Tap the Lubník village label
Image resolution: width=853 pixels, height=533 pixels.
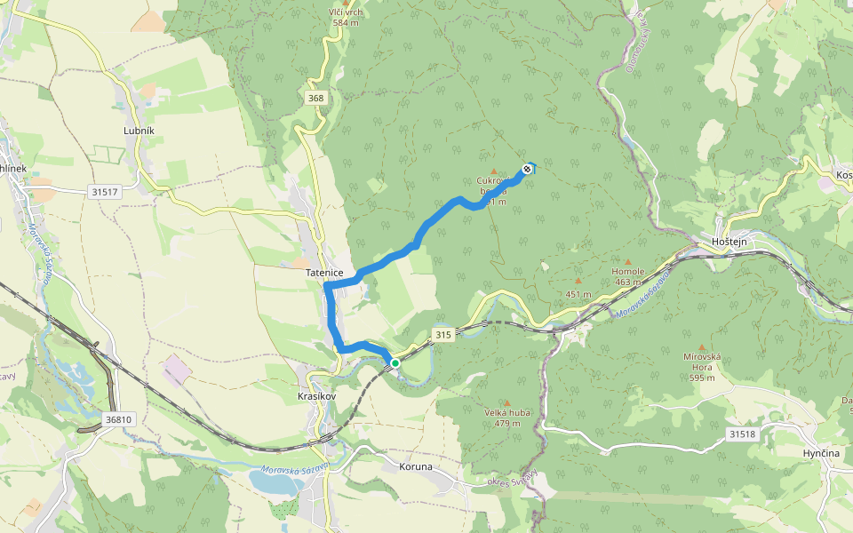pyautogui.click(x=139, y=131)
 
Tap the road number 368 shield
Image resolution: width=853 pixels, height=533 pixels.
pyautogui.click(x=315, y=98)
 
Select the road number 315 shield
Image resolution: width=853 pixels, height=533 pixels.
pyautogui.click(x=443, y=334)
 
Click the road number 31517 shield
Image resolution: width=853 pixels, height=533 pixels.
pyautogui.click(x=104, y=191)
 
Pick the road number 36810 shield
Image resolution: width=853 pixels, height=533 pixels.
pyautogui.click(x=117, y=419)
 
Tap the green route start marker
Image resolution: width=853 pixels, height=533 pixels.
pyautogui.click(x=395, y=362)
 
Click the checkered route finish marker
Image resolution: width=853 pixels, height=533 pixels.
pyautogui.click(x=528, y=168)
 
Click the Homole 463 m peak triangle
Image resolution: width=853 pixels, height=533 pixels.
pyautogui.click(x=628, y=261)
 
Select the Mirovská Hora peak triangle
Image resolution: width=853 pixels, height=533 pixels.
pyautogui.click(x=701, y=347)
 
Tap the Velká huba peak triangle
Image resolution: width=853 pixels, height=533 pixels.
pyautogui.click(x=507, y=402)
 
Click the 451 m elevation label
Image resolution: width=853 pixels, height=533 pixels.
pyautogui.click(x=578, y=294)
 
